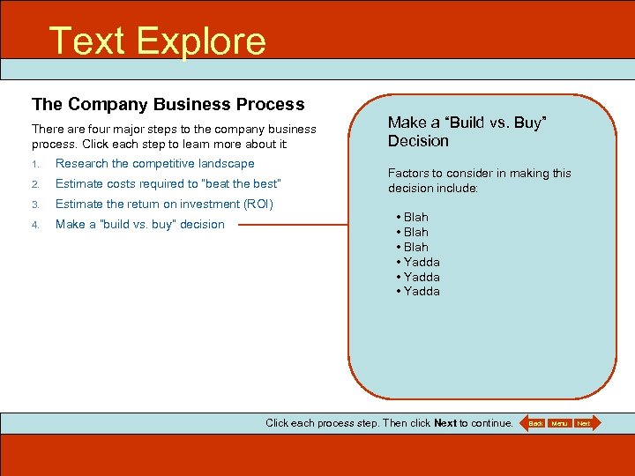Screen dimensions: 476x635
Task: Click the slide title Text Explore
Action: click(157, 41)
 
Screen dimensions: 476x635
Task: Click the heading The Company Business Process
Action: click(168, 104)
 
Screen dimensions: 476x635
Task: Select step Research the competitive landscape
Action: click(154, 163)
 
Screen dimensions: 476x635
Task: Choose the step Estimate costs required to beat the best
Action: click(168, 183)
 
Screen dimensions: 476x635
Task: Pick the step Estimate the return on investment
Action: click(164, 204)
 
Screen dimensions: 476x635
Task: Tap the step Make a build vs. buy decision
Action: click(139, 224)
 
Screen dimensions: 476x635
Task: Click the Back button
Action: click(534, 423)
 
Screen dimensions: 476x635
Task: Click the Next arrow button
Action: click(584, 423)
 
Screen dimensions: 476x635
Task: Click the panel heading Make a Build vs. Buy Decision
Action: click(467, 132)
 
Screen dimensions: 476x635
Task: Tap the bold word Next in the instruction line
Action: click(445, 423)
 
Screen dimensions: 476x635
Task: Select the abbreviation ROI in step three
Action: click(257, 204)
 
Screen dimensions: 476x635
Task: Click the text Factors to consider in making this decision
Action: click(479, 181)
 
